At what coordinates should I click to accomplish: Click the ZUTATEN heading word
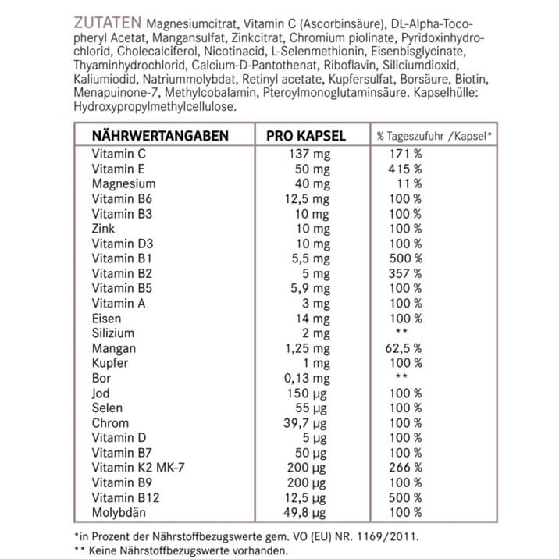tap(107, 20)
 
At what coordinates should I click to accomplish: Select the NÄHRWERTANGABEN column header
tap(160, 135)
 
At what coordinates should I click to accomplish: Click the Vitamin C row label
tap(119, 154)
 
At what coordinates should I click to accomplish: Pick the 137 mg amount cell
tap(310, 154)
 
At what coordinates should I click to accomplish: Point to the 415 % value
tap(405, 169)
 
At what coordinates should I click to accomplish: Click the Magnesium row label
tap(123, 184)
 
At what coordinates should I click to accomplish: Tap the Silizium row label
tap(112, 333)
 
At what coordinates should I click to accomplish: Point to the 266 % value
tap(405, 468)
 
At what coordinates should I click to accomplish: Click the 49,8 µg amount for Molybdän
tap(310, 513)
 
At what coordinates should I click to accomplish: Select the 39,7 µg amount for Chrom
tap(310, 423)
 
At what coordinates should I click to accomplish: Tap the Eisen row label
tap(106, 319)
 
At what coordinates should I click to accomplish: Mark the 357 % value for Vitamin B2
tap(405, 273)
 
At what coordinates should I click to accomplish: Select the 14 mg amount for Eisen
tap(314, 319)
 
